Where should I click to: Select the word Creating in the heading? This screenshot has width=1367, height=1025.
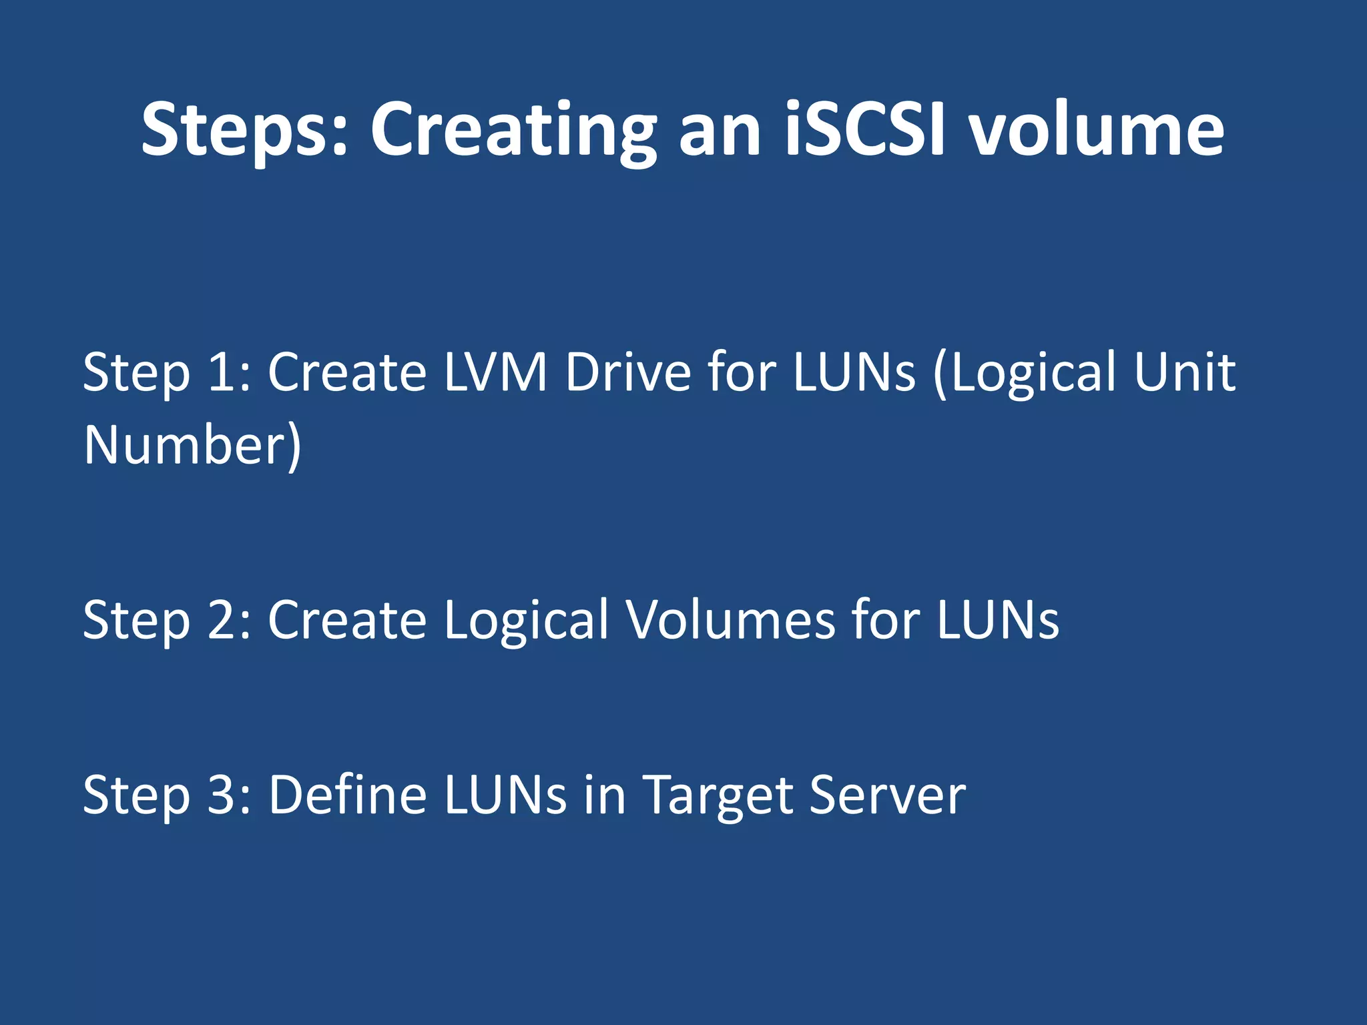click(x=513, y=130)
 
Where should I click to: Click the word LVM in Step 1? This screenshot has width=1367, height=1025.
click(x=495, y=372)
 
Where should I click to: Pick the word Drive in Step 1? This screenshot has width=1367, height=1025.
click(x=628, y=372)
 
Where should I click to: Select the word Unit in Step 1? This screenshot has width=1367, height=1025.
click(x=1185, y=372)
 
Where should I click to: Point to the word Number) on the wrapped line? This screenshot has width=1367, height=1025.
click(x=193, y=446)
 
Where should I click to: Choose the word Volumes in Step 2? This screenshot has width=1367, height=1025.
click(x=731, y=620)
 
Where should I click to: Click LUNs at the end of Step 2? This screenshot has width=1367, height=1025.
click(x=997, y=620)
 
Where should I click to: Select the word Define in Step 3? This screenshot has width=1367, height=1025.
click(x=348, y=795)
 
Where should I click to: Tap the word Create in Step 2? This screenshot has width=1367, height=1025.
click(x=347, y=620)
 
